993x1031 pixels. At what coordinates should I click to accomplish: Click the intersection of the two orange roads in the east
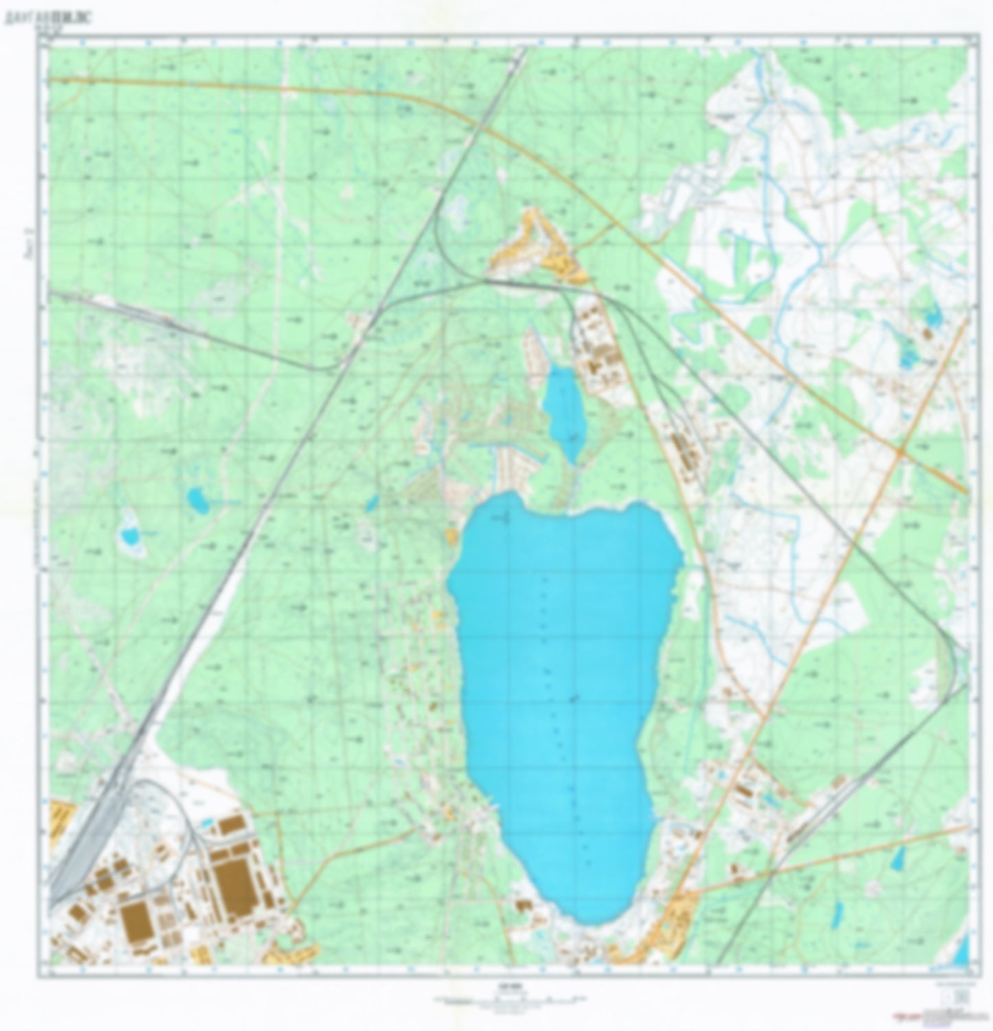(x=900, y=452)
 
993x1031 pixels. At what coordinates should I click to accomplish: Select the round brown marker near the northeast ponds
(x=927, y=335)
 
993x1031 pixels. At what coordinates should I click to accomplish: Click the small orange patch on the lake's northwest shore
(x=451, y=536)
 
